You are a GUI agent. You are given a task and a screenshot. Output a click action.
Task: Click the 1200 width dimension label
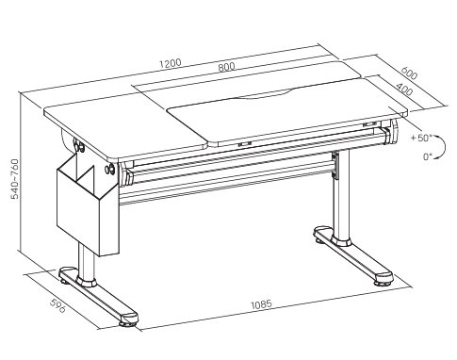pyautogui.click(x=171, y=63)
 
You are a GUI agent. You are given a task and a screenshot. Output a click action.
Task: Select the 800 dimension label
pyautogui.click(x=226, y=67)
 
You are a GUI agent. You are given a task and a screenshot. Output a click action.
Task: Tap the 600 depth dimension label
pyautogui.click(x=409, y=74)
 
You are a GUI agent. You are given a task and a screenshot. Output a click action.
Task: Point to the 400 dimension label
pyautogui.click(x=404, y=89)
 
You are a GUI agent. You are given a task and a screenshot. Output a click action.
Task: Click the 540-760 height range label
pyautogui.click(x=15, y=179)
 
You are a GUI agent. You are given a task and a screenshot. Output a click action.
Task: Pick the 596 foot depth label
pyautogui.click(x=58, y=305)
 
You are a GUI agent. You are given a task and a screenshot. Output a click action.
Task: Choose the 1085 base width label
pyautogui.click(x=261, y=304)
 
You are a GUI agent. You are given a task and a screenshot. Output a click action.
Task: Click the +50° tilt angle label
pyautogui.click(x=421, y=138)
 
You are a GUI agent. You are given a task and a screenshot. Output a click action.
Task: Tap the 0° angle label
pyautogui.click(x=428, y=156)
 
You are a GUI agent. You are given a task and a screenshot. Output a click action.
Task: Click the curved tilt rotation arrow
pyautogui.click(x=444, y=146)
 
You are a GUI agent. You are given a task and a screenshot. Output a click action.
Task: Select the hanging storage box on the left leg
pyautogui.click(x=88, y=205)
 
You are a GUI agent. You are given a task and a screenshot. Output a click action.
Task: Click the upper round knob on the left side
pyautogui.click(x=79, y=145)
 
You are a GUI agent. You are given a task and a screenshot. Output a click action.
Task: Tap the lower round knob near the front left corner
pyautogui.click(x=110, y=169)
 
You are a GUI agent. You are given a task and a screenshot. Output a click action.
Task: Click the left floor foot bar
pyautogui.click(x=98, y=294)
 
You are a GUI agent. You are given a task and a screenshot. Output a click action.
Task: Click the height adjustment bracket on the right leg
pyautogui.click(x=336, y=166)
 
